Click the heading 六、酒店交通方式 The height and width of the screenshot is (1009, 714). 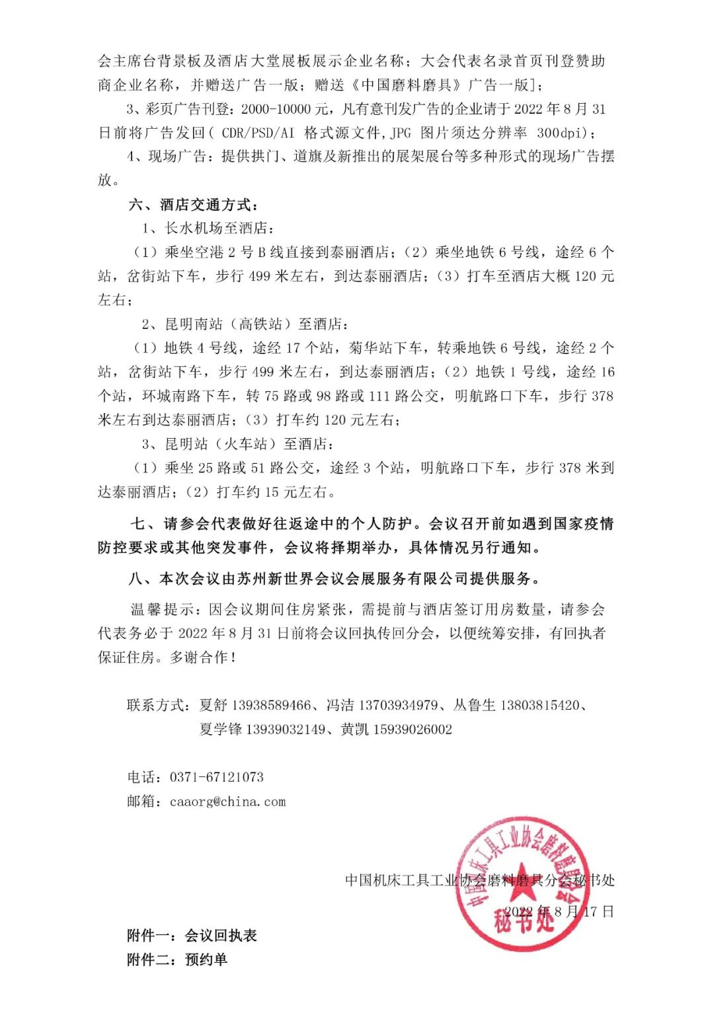point(193,204)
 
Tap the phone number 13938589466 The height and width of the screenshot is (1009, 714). point(272,705)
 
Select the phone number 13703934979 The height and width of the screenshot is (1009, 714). point(399,705)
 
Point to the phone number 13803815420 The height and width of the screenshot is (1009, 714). point(540,705)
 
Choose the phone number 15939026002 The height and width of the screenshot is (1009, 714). point(413,729)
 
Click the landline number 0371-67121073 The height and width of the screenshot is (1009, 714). point(217,777)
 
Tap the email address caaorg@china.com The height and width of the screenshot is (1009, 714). point(228,802)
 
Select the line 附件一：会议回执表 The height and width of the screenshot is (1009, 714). point(192,935)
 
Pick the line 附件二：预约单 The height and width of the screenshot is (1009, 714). point(177,959)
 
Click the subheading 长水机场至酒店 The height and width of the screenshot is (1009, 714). point(218,228)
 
